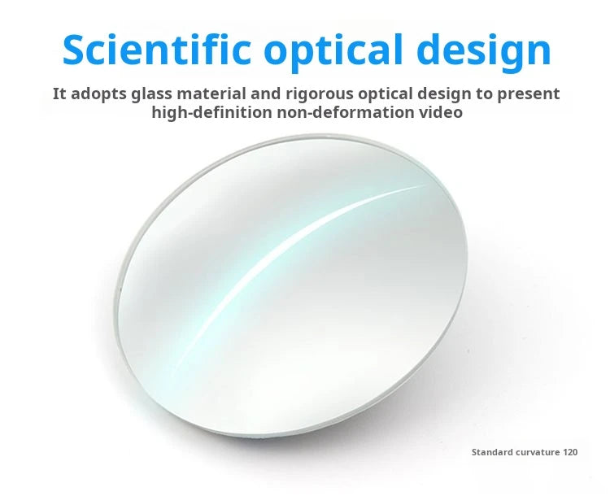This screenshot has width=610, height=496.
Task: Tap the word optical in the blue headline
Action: [335, 54]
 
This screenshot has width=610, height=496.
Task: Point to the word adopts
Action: [98, 94]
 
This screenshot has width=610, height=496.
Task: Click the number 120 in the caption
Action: [570, 452]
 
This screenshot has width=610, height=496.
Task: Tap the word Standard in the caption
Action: [492, 452]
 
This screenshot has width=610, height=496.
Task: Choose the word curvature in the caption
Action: [538, 452]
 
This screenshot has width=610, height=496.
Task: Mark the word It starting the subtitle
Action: [59, 94]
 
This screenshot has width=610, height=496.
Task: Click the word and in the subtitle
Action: [266, 94]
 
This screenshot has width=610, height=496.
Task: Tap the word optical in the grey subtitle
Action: [386, 95]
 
